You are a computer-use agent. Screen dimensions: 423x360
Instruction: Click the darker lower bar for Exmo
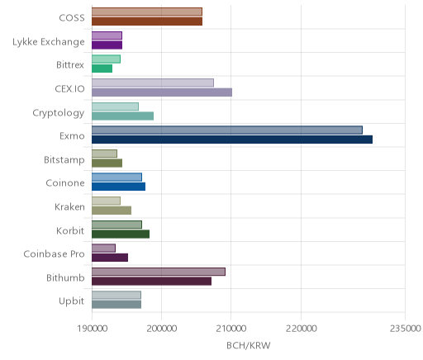(x=232, y=140)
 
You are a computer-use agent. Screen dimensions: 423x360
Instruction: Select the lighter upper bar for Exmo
(x=227, y=130)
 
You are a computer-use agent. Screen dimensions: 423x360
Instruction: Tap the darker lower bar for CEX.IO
(x=162, y=92)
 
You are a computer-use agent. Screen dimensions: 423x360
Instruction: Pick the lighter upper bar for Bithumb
(x=159, y=272)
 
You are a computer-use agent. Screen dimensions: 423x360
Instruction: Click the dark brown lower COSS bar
(x=147, y=21)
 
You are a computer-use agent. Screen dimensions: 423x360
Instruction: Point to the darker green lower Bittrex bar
(x=102, y=69)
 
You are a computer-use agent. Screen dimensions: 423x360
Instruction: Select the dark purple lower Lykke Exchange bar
(x=107, y=45)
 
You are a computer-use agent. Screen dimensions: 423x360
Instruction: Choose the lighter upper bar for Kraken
(x=107, y=201)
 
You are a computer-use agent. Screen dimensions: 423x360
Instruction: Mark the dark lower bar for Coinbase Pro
(x=110, y=258)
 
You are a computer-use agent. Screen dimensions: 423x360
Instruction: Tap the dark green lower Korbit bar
(x=121, y=234)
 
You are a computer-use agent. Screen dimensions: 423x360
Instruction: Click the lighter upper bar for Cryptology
(x=116, y=107)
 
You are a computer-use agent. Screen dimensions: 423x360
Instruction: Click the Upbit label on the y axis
(x=71, y=301)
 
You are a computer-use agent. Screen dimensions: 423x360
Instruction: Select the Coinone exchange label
(x=65, y=183)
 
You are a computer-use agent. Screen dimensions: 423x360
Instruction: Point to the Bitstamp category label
(x=64, y=160)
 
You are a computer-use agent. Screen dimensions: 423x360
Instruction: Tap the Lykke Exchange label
(x=49, y=42)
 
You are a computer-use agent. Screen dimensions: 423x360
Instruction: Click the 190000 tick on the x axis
(x=92, y=329)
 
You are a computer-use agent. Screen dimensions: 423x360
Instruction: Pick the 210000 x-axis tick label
(x=231, y=329)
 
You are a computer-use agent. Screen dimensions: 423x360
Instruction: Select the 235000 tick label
(x=405, y=329)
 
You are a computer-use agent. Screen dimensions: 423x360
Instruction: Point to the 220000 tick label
(x=301, y=329)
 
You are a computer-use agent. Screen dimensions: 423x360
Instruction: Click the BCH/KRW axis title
(x=249, y=346)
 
